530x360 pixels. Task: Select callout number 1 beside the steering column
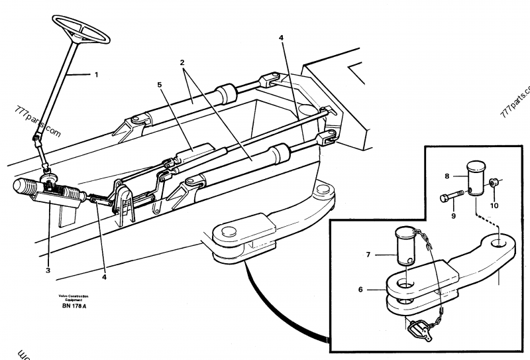pos(96,75)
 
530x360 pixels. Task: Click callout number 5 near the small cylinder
pos(159,85)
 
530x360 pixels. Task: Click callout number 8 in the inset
pos(447,176)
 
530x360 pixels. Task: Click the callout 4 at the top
pos(281,38)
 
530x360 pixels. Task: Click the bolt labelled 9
pos(452,196)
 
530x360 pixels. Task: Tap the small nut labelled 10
pos(494,183)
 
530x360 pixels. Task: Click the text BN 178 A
pos(75,306)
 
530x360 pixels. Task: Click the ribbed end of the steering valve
pos(23,188)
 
